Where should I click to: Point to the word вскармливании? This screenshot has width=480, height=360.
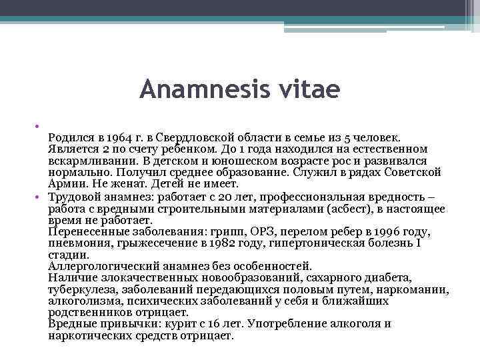pos(87,160)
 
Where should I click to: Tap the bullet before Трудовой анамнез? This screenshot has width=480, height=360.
pos(42,197)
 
